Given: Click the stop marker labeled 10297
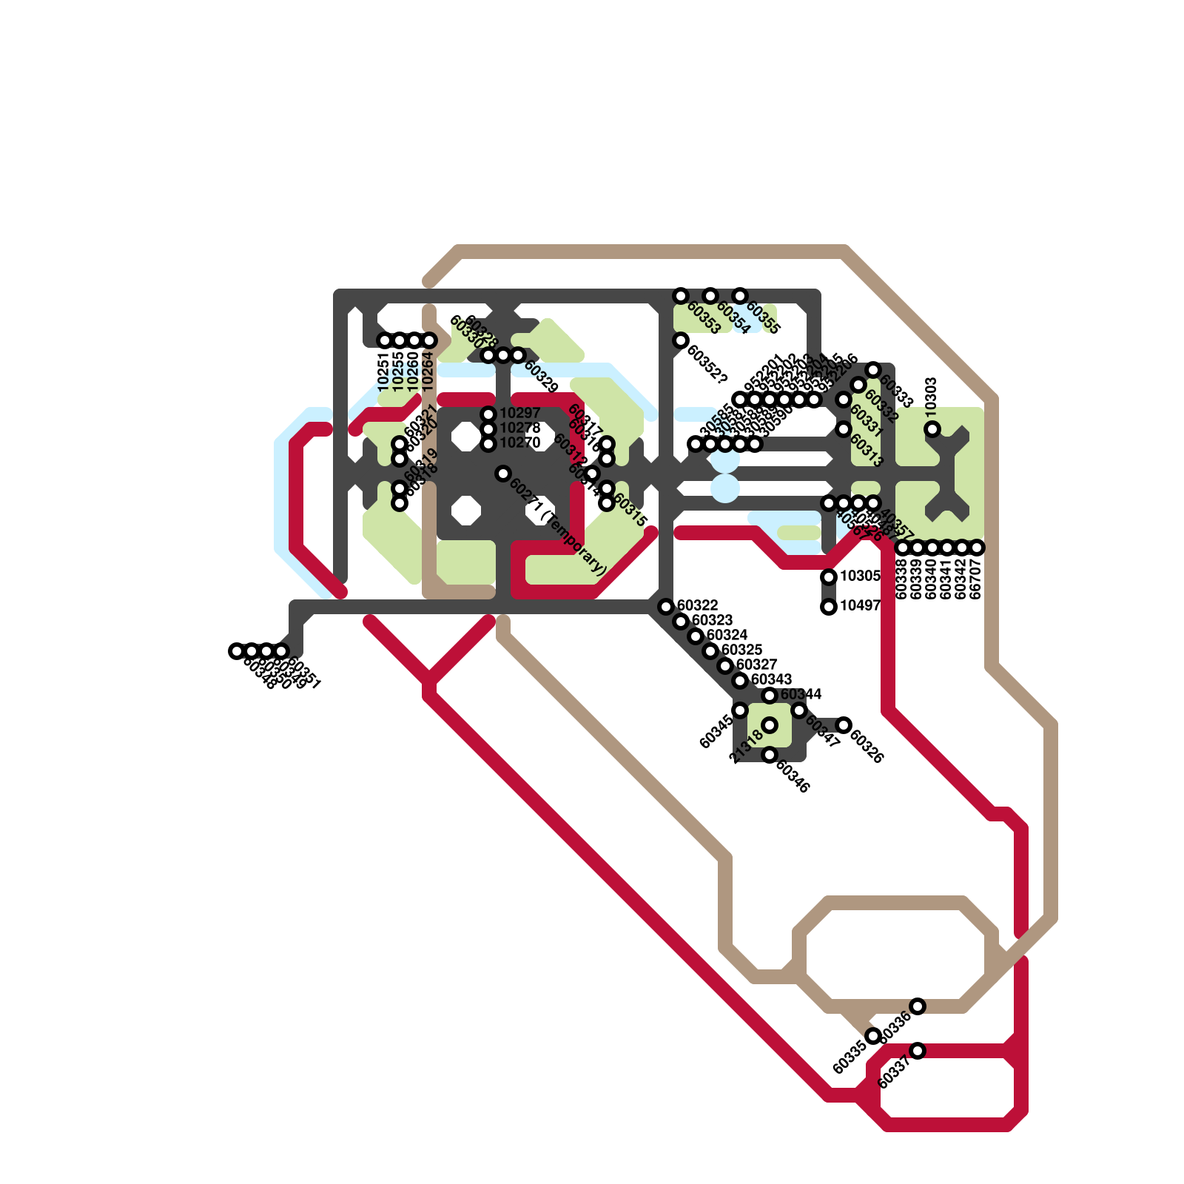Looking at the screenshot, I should (x=488, y=414).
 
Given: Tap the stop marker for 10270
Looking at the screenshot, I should (x=488, y=444).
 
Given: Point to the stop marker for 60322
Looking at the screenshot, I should (x=666, y=607).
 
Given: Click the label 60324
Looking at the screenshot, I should (x=727, y=635).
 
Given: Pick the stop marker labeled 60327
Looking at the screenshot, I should (x=725, y=666).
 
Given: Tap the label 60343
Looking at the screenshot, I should (x=771, y=679).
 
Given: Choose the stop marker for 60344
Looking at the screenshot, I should (x=770, y=696).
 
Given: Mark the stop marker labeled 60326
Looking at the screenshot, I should (x=844, y=725).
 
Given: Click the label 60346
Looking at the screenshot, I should (x=793, y=775).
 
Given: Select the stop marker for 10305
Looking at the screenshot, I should (x=829, y=577).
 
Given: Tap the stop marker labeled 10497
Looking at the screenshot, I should (x=829, y=607).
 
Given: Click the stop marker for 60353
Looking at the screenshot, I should (x=681, y=296).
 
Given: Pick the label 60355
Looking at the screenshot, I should (x=763, y=317).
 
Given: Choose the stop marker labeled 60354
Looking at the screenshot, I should (x=710, y=296).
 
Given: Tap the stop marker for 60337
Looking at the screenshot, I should (x=918, y=1051).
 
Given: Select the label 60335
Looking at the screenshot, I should (x=849, y=1057).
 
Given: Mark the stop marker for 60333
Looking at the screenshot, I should (x=873, y=370).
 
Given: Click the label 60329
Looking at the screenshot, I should (x=541, y=376).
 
